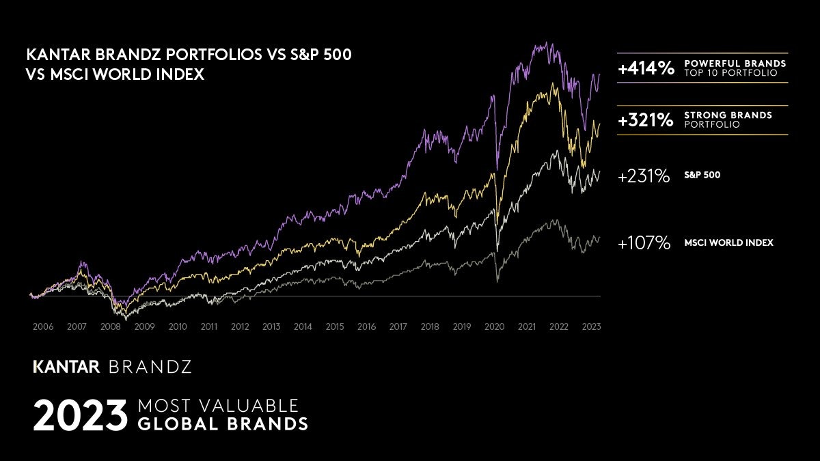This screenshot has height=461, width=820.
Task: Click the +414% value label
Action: click(x=646, y=68)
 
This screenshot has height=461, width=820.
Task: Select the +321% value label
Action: click(x=646, y=120)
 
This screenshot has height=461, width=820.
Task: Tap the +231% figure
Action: click(x=644, y=176)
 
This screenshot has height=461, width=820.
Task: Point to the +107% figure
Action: click(x=644, y=243)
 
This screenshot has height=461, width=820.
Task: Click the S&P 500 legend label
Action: click(x=702, y=176)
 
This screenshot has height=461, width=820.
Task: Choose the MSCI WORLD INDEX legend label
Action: click(x=728, y=242)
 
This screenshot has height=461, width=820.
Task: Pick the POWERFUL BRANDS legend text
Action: click(x=735, y=64)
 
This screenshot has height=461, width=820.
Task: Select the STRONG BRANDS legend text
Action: click(x=728, y=115)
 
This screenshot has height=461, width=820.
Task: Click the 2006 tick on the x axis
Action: click(x=43, y=327)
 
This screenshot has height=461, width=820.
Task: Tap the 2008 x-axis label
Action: click(x=110, y=327)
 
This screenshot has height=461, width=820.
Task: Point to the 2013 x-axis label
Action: click(x=271, y=327)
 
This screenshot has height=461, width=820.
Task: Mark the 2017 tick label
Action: click(x=398, y=327)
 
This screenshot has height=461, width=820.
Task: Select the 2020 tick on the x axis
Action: click(x=494, y=327)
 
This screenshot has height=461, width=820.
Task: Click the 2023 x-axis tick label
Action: click(x=591, y=327)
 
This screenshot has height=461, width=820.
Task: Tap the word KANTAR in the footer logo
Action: click(x=66, y=367)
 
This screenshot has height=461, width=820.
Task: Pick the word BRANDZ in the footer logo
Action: click(x=150, y=367)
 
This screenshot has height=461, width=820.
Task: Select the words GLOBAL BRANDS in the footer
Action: click(x=223, y=424)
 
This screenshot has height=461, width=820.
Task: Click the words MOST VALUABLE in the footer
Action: click(x=219, y=404)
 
